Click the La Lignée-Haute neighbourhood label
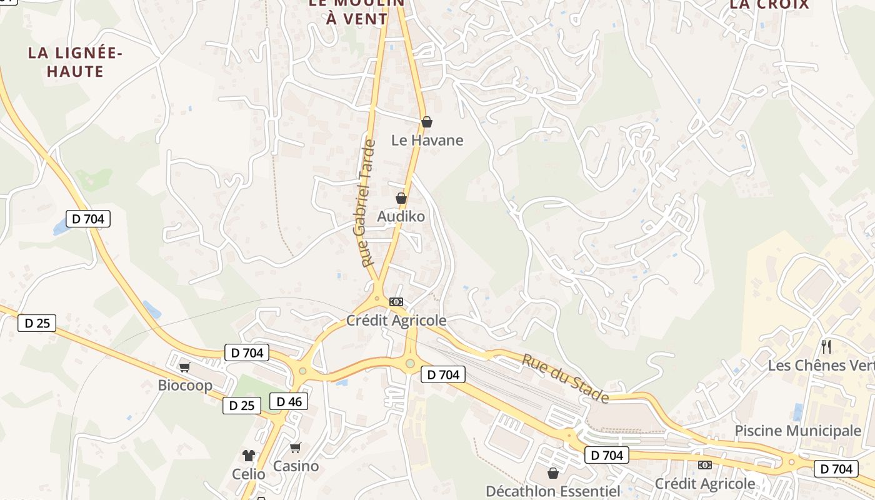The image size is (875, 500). (75, 62)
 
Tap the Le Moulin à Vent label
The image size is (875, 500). (357, 11)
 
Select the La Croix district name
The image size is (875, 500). (769, 4)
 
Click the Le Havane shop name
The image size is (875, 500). (427, 140)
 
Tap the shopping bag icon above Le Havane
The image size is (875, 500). (427, 122)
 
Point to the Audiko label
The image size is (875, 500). (401, 216)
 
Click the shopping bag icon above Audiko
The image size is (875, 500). (401, 198)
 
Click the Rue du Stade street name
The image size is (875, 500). (565, 378)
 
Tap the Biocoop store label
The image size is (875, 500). (185, 385)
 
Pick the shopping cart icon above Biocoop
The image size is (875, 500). (184, 367)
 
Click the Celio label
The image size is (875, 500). (249, 474)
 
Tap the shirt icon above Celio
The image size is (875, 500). (249, 456)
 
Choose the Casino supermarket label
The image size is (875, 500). (296, 466)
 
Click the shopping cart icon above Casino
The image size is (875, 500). (296, 447)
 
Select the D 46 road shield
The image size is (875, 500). (289, 401)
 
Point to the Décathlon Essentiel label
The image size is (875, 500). (553, 491)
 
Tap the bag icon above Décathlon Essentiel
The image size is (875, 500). (552, 473)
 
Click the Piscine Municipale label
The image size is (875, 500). (797, 431)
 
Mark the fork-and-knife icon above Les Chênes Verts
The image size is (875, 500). (826, 347)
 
